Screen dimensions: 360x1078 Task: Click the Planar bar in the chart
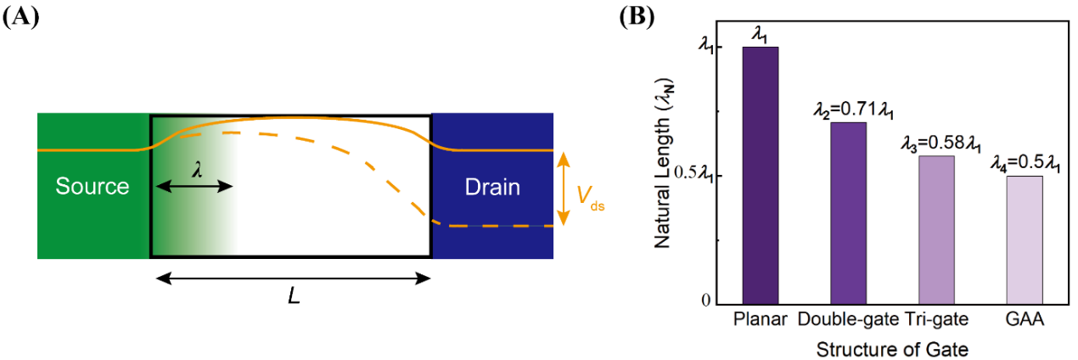761,175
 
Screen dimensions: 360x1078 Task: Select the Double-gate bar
848,213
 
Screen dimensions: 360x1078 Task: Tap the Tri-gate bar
935,229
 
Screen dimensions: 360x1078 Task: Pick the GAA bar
1023,239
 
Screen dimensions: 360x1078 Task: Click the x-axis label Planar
761,320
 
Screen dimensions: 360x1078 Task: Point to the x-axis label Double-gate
848,320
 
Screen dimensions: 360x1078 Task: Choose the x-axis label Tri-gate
935,320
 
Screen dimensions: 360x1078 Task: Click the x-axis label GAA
1024,320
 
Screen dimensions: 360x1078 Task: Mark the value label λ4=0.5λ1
1025,164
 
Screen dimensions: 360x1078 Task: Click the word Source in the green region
93,187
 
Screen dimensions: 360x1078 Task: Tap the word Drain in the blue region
492,187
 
